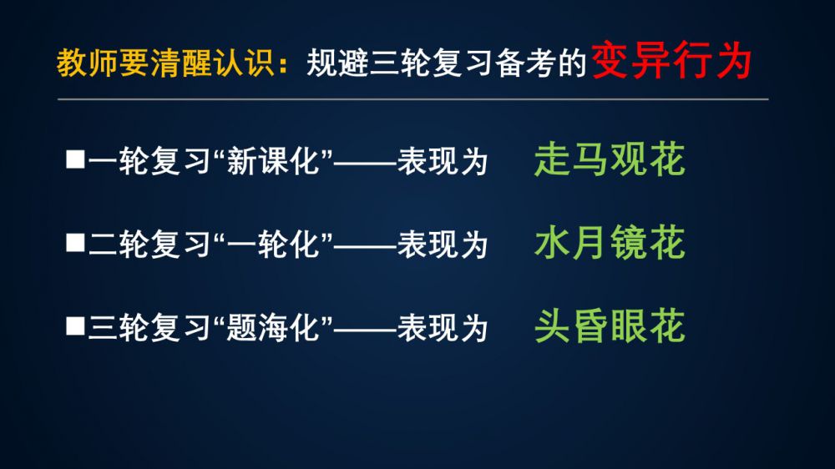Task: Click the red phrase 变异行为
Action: [671, 61]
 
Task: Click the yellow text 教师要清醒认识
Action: [165, 63]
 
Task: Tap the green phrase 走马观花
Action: [610, 159]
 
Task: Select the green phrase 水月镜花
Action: [610, 242]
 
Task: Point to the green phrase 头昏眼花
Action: [610, 325]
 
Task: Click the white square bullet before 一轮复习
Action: [75, 159]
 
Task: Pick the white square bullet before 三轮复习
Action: [75, 325]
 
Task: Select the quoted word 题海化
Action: [272, 327]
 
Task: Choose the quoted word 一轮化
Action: [272, 245]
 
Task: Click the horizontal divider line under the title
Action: [412, 99]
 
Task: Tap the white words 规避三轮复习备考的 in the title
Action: [446, 63]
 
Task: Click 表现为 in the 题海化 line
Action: [443, 327]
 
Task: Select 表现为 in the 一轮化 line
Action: [443, 245]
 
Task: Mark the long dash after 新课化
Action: [366, 161]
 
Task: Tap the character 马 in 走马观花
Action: [590, 159]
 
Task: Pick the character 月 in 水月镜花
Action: [590, 242]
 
